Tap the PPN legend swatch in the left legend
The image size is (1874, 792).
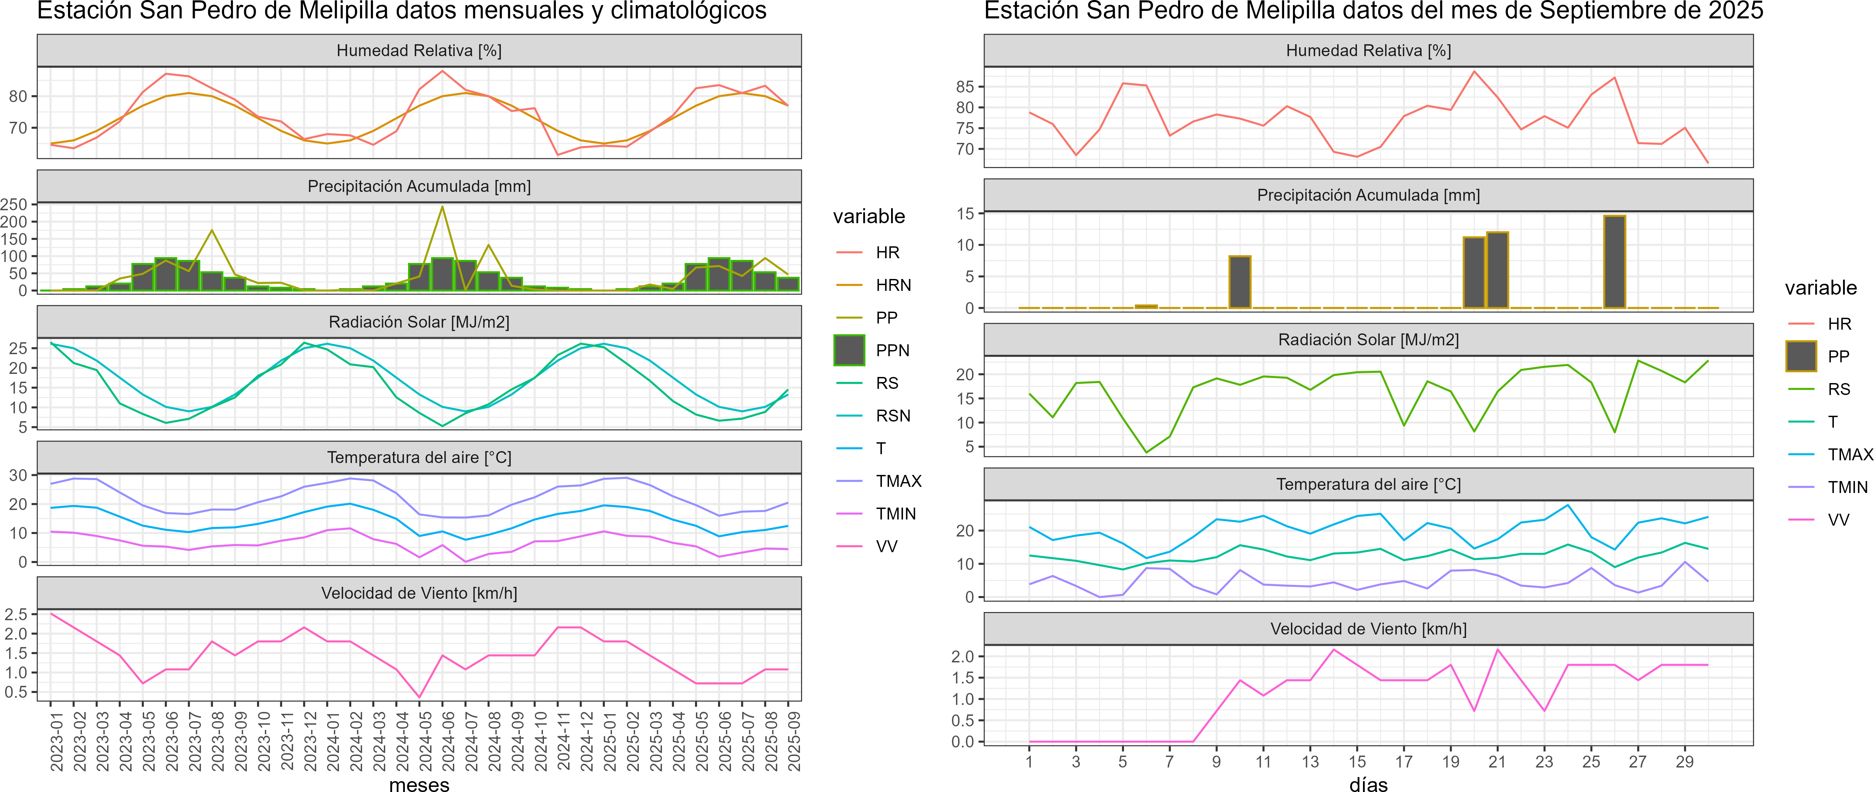pos(849,350)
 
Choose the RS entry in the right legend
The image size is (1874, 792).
pos(1838,390)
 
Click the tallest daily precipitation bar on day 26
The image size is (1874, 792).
pos(1614,262)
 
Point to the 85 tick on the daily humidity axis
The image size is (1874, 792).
pos(965,87)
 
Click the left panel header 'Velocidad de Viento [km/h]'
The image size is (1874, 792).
pos(419,593)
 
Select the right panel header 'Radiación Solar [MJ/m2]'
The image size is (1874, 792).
pos(1368,340)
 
